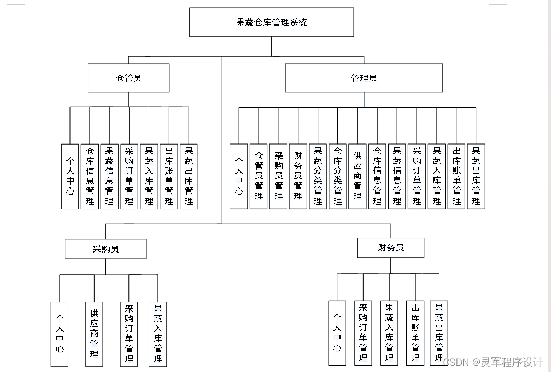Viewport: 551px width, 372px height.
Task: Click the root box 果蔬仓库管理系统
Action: coord(271,22)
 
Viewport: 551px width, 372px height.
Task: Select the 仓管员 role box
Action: coord(128,78)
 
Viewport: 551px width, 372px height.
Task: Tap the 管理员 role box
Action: coord(364,78)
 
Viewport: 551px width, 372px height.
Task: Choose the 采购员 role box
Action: coord(105,249)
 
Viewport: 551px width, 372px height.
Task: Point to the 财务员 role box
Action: coord(390,248)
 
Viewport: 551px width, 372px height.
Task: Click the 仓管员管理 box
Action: coord(259,176)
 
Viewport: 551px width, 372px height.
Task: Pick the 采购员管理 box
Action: coord(278,176)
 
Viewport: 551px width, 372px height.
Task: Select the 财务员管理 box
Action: coord(298,176)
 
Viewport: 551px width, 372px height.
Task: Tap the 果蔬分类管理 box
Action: coord(318,176)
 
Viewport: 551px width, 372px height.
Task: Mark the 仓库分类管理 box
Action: coord(337,176)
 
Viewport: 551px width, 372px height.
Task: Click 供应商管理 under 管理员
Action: coord(357,176)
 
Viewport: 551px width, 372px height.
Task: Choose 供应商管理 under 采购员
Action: coord(95,333)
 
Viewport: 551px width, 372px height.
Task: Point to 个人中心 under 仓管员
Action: coord(70,176)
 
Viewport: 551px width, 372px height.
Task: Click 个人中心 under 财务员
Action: coord(337,333)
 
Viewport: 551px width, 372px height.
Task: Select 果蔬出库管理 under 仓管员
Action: coord(189,176)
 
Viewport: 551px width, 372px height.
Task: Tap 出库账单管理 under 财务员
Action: coord(415,332)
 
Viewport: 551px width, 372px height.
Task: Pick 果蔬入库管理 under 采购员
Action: coord(158,333)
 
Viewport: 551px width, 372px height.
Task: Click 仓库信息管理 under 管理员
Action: coord(377,176)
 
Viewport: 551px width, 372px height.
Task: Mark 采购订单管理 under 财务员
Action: coord(363,332)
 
